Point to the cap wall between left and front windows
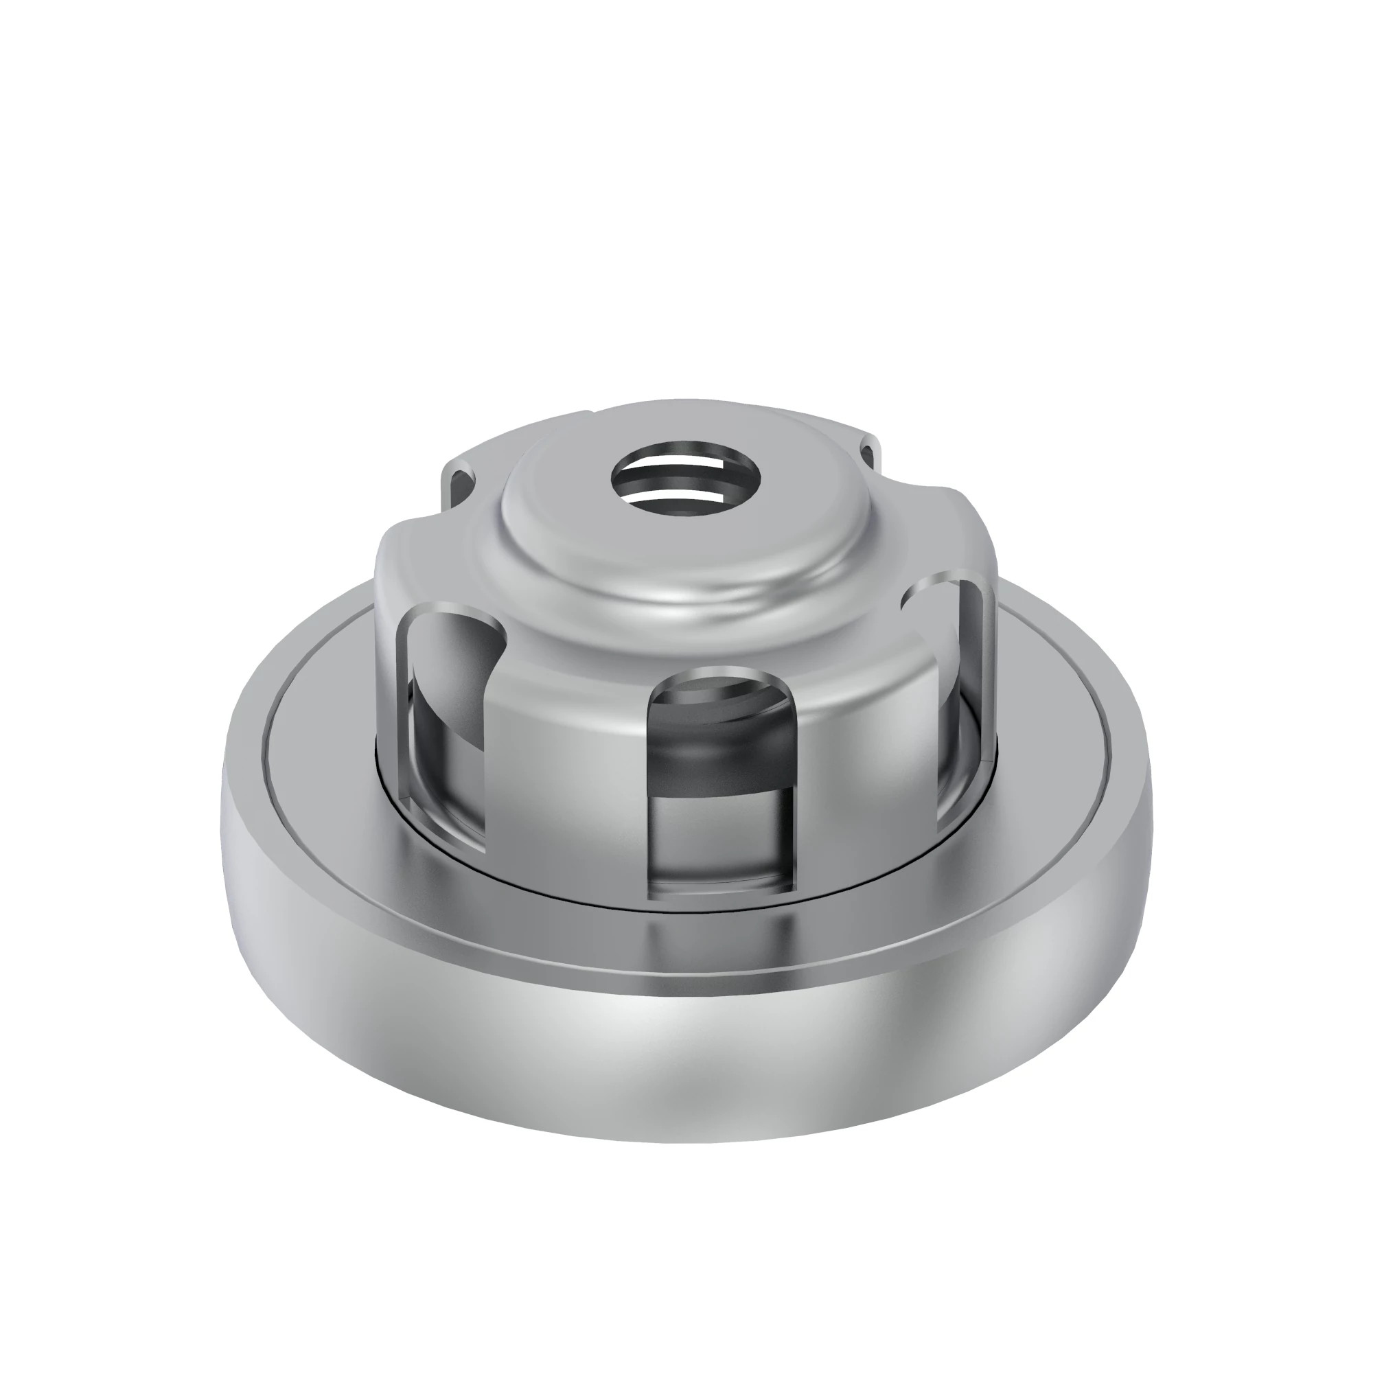click(568, 768)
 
